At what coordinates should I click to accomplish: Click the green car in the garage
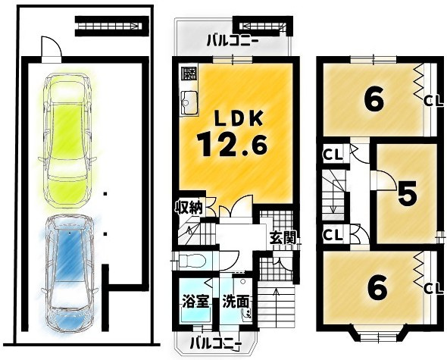pyautogui.click(x=67, y=140)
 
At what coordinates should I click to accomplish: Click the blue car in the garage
pyautogui.click(x=70, y=274)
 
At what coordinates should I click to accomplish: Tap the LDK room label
pyautogui.click(x=239, y=119)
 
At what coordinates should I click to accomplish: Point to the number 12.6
pyautogui.click(x=232, y=146)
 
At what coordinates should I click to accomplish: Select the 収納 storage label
pyautogui.click(x=189, y=208)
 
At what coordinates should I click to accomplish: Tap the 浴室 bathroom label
pyautogui.click(x=196, y=302)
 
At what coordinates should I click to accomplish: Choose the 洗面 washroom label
pyautogui.click(x=236, y=302)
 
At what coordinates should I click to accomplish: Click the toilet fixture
pyautogui.click(x=192, y=261)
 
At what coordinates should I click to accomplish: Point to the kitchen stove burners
pyautogui.click(x=189, y=74)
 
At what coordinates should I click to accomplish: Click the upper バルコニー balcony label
pyautogui.click(x=233, y=41)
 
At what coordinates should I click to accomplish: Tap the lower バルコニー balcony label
pyautogui.click(x=215, y=343)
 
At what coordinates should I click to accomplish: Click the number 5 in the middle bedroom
pyautogui.click(x=408, y=195)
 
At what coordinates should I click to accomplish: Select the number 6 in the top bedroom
pyautogui.click(x=374, y=100)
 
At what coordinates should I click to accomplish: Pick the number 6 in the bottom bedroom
pyautogui.click(x=377, y=287)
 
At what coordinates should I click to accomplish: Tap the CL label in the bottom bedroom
pyautogui.click(x=433, y=289)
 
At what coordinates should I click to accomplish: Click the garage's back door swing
pyautogui.click(x=52, y=46)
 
